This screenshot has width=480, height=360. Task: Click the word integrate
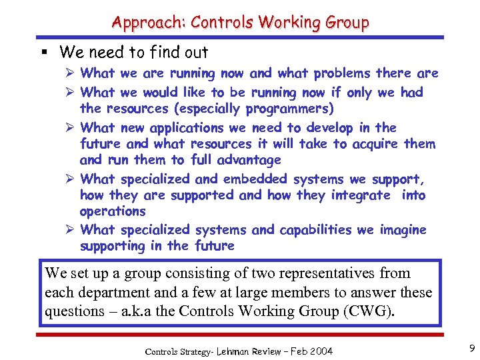359,195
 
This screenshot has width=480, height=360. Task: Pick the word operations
113,211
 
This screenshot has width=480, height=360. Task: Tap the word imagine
403,229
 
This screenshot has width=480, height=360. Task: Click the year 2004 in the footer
319,351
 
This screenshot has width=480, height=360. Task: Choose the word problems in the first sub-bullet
343,73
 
